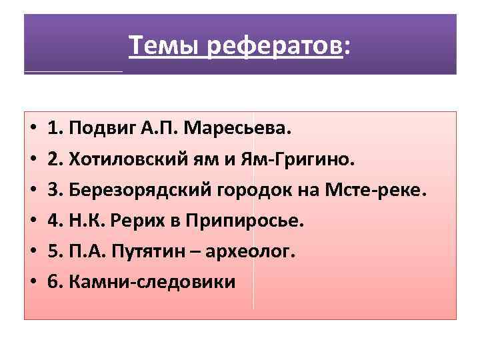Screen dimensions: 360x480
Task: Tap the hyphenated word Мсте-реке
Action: pyautogui.click(x=381, y=189)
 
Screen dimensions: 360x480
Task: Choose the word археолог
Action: pyautogui.click(x=260, y=251)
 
